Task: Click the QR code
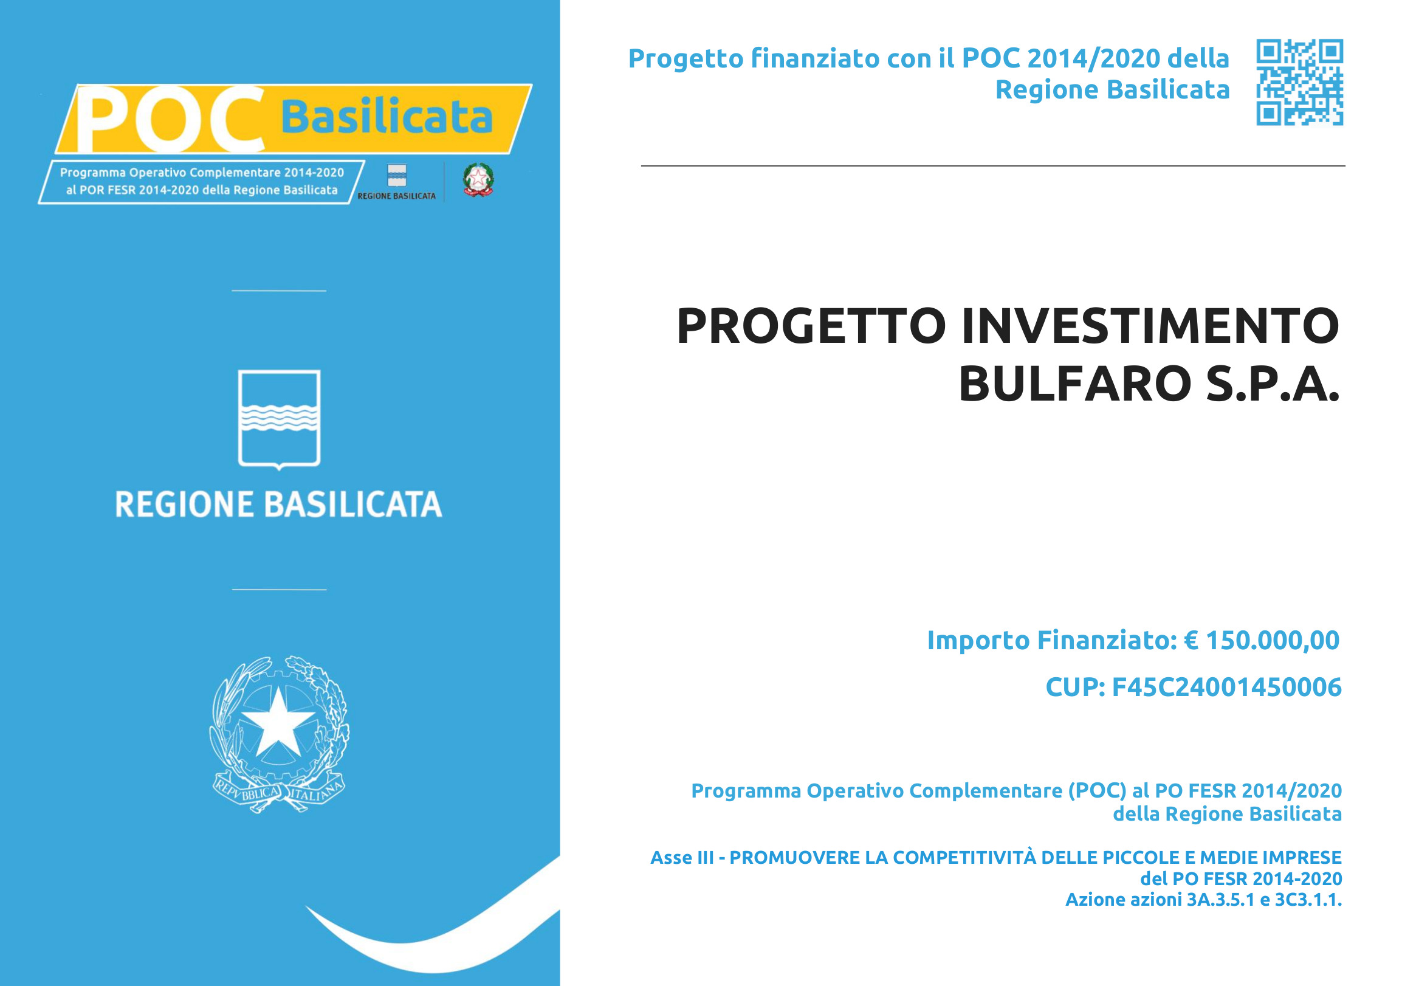click(1299, 83)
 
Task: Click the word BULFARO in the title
click(1075, 384)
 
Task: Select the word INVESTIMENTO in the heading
click(1150, 326)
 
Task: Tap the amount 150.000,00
click(1273, 640)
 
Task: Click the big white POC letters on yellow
click(170, 119)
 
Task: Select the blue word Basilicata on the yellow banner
click(387, 116)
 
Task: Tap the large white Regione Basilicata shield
click(279, 419)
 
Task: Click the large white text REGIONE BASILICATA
click(278, 505)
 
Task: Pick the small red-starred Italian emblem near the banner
click(478, 179)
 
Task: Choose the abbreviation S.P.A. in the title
click(1273, 384)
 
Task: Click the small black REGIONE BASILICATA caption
click(397, 196)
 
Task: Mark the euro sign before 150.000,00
click(1191, 640)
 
